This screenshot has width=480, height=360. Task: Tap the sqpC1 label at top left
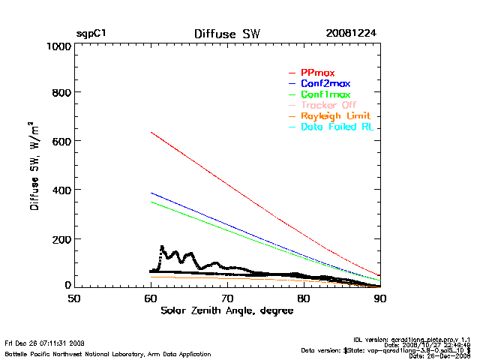pyautogui.click(x=91, y=34)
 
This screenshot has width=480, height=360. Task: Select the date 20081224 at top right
pyautogui.click(x=351, y=34)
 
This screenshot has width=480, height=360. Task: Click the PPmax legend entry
pyautogui.click(x=317, y=72)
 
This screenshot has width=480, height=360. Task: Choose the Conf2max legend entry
pyautogui.click(x=325, y=83)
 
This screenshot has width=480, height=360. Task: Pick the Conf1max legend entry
pyautogui.click(x=325, y=94)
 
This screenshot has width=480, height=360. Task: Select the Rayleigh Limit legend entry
pyautogui.click(x=334, y=117)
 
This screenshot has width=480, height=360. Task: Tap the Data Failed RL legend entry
pyautogui.click(x=337, y=128)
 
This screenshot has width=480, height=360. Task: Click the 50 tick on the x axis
pyautogui.click(x=73, y=298)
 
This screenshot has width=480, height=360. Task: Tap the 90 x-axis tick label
pyautogui.click(x=380, y=298)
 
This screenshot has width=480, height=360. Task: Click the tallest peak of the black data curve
pyautogui.click(x=161, y=246)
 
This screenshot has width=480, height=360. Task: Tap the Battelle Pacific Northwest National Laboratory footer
pyautogui.click(x=108, y=352)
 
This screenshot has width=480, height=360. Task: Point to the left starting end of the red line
pyautogui.click(x=151, y=132)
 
